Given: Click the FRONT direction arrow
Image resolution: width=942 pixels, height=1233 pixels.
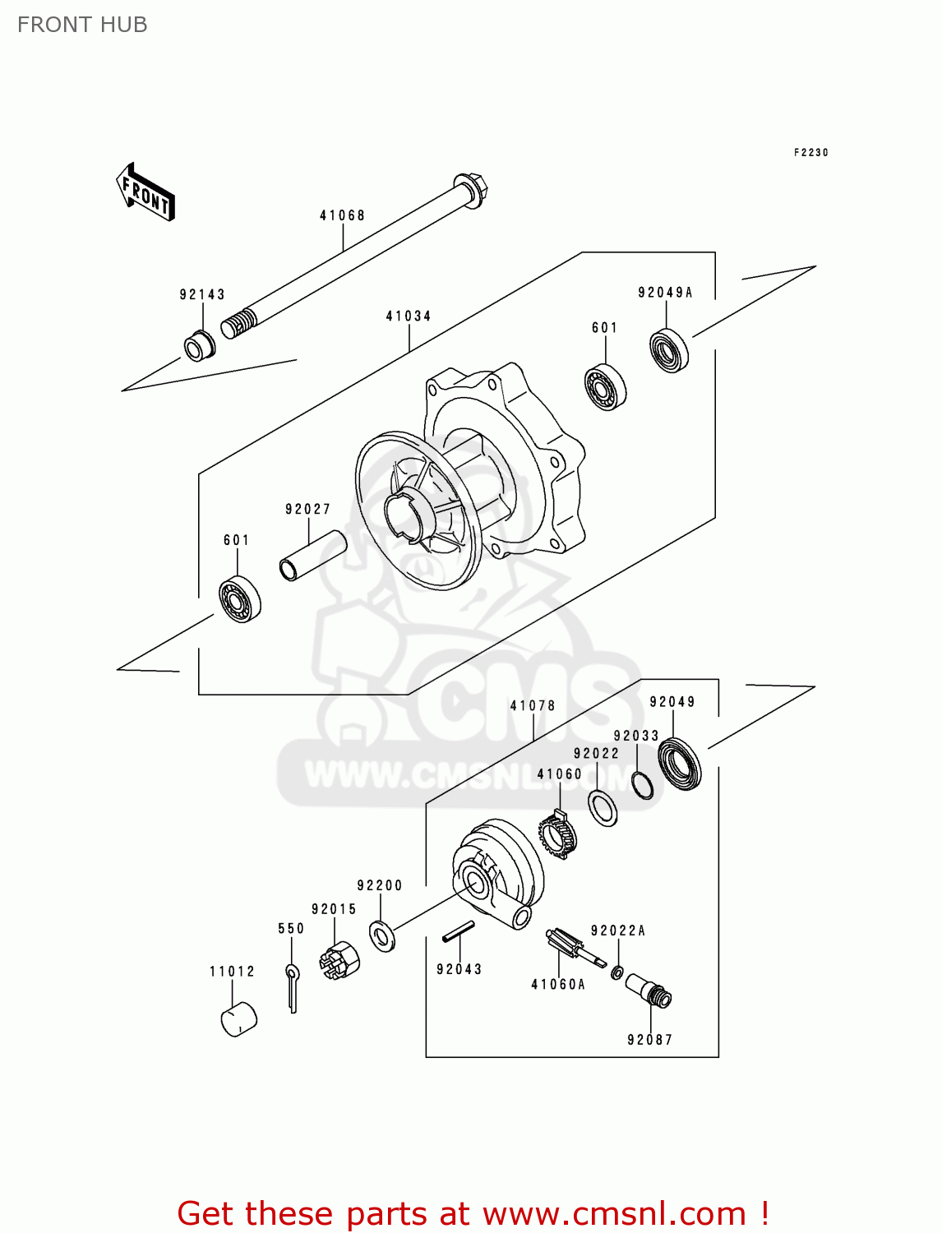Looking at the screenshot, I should [145, 192].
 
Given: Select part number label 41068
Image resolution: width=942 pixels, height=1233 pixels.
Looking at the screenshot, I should [342, 215].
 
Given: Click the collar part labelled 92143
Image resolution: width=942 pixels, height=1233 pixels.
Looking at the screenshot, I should [198, 345].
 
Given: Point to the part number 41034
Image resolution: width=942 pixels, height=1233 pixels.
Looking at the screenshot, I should [409, 316].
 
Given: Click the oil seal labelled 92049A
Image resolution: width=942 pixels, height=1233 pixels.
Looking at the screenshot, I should [669, 350].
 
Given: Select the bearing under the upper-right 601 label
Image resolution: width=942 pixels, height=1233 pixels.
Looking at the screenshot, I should [605, 386].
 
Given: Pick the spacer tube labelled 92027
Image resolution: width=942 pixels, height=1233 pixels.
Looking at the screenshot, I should [313, 555].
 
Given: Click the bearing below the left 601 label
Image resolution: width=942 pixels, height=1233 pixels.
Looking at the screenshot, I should [240, 600].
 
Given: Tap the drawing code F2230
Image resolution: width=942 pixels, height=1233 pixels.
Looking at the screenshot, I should [810, 152].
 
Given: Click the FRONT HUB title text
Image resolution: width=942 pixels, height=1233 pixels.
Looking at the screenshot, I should [82, 25].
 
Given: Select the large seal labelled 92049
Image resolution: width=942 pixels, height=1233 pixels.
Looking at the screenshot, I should [681, 764].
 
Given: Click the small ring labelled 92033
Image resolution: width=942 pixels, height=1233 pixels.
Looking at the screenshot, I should [643, 785].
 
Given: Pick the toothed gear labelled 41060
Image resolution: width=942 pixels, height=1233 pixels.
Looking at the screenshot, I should [559, 834].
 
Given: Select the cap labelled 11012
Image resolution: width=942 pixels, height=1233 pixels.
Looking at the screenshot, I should [239, 1019].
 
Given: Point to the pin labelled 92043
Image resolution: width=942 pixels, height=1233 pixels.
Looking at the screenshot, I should [458, 931].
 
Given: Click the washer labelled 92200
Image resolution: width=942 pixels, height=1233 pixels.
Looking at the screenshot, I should [382, 935].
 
